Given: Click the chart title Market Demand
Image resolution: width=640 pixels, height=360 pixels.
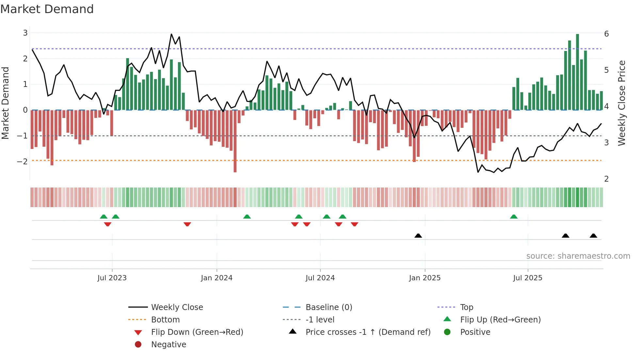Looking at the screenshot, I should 47,9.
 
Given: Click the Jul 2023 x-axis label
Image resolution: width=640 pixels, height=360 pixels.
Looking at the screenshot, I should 112,278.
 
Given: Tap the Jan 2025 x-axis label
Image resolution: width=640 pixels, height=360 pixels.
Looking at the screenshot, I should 424,278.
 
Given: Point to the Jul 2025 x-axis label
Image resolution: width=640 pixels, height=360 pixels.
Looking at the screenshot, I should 527,278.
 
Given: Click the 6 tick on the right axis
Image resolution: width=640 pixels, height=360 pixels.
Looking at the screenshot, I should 606,34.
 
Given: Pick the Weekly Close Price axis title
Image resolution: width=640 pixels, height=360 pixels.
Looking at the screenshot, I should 622,103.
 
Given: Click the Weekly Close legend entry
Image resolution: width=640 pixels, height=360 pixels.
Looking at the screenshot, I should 177,307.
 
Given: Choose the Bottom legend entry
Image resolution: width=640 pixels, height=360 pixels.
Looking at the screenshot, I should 165,320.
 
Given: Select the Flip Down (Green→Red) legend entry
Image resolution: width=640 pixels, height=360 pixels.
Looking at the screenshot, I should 197,332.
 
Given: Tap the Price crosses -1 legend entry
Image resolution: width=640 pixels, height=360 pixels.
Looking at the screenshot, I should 368,332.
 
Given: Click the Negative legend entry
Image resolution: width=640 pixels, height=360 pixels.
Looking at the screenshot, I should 168,345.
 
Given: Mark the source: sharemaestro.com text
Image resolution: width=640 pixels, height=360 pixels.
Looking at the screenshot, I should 578,256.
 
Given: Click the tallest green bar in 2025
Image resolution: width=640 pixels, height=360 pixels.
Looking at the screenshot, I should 577,72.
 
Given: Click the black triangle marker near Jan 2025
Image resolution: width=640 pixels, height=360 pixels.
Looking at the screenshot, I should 418,236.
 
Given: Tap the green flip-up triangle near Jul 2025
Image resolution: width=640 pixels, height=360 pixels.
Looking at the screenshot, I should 514,217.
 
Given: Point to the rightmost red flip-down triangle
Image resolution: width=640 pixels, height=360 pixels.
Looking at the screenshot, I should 355,224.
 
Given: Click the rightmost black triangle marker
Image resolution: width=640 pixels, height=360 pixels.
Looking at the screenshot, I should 593,236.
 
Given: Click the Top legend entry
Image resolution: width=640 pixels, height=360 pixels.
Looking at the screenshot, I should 466,307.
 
